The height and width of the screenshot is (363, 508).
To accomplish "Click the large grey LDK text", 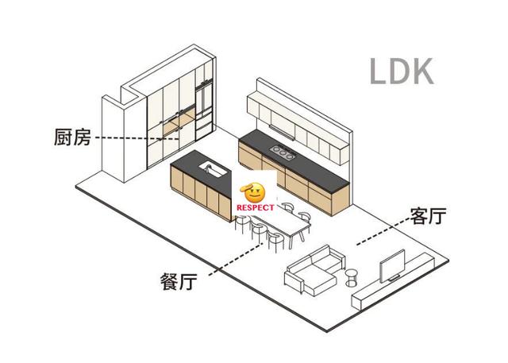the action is pyautogui.click(x=402, y=71).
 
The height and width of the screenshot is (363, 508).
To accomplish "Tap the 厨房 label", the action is pyautogui.click(x=72, y=137).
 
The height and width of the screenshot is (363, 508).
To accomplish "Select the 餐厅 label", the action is pyautogui.click(x=179, y=281).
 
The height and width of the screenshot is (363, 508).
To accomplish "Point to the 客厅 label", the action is pyautogui.click(x=428, y=215).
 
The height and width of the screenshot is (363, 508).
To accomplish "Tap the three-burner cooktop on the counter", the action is pyautogui.click(x=283, y=153).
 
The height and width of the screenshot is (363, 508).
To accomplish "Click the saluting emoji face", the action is pyautogui.click(x=252, y=192).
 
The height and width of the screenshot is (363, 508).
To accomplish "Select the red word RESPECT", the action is pyautogui.click(x=256, y=207).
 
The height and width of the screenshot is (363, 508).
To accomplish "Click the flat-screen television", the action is pyautogui.click(x=392, y=266).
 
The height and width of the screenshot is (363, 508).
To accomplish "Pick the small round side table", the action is pyautogui.click(x=352, y=278).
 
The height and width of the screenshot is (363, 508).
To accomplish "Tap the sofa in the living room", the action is pyautogui.click(x=314, y=269).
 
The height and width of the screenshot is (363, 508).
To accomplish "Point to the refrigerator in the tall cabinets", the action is pyautogui.click(x=204, y=110).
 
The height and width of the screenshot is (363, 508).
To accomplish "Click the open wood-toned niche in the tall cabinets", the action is pyautogui.click(x=179, y=122).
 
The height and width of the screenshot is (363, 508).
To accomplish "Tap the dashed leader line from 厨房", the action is pyautogui.click(x=137, y=138).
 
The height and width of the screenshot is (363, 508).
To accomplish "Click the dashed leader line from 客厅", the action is pyautogui.click(x=383, y=231).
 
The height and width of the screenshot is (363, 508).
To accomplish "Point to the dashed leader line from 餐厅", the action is pyautogui.click(x=237, y=259).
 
